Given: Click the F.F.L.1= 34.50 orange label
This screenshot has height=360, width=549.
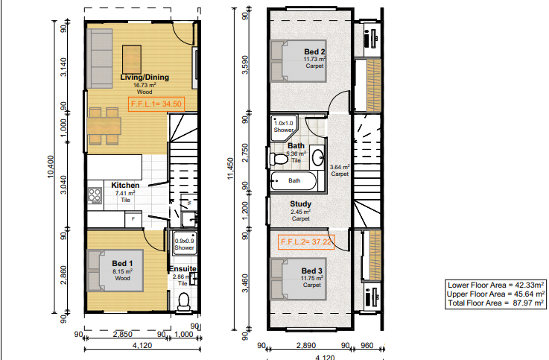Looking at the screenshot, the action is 156,104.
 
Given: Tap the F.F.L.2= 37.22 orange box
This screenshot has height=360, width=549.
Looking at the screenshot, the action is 306,242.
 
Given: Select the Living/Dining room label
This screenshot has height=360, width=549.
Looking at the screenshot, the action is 145,78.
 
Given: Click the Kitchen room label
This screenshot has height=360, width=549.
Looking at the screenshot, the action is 125,186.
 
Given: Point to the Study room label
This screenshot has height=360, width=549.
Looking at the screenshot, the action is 300,203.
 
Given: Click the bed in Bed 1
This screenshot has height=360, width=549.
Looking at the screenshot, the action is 115,271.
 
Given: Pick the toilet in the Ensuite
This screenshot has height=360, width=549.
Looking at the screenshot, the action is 184,302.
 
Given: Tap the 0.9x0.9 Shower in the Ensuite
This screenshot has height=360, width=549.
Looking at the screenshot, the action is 185,243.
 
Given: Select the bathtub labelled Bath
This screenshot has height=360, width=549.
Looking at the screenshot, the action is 293,180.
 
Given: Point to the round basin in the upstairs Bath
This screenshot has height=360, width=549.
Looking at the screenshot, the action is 318,157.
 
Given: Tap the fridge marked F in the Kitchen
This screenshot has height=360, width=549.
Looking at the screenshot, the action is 133,219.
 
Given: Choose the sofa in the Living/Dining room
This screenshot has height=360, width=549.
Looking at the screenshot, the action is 100,58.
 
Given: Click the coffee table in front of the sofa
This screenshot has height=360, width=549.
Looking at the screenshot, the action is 132,60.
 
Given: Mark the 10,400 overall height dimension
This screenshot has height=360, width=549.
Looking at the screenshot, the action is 51,167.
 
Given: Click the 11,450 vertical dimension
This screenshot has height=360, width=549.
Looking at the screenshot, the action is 230,168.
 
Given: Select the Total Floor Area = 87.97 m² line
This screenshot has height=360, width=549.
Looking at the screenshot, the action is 496,303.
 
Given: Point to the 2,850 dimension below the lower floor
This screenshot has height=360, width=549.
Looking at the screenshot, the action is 123,334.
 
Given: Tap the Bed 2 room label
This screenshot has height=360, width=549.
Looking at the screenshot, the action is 314,52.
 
